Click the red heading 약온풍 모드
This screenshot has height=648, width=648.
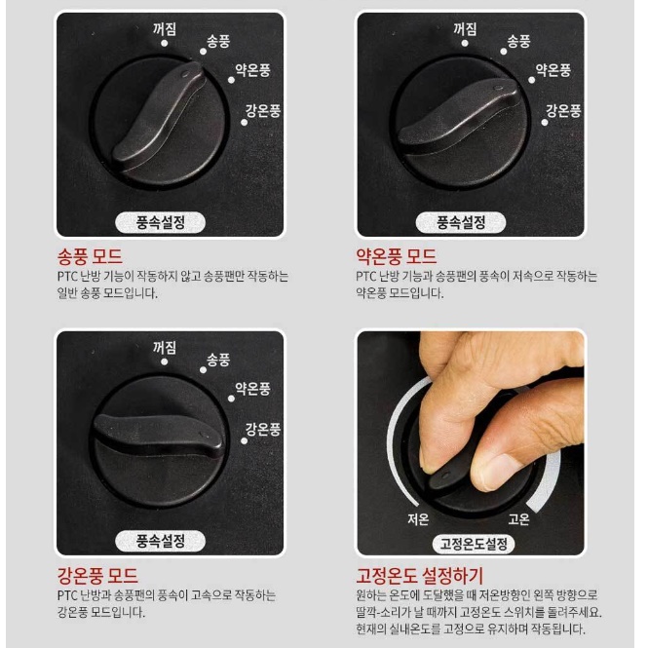[x=396, y=257]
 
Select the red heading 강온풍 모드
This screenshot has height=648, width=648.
[x=97, y=576]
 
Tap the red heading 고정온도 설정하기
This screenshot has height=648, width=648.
[x=420, y=576]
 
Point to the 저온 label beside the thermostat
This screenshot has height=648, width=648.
[x=418, y=518]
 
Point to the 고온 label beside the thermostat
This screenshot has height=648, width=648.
[x=519, y=518]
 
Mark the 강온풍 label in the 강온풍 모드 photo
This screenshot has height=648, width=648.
[x=263, y=429]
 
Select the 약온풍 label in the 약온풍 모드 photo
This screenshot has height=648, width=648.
[x=553, y=71]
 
